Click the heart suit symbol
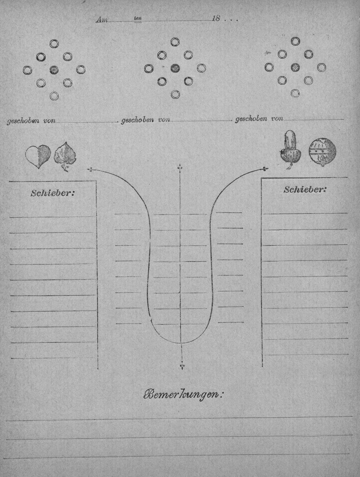click(38, 156)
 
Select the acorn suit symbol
click(291, 150)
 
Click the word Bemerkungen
click(183, 395)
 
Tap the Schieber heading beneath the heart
click(53, 193)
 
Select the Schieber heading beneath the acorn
click(305, 190)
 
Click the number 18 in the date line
click(216, 18)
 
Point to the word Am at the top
click(102, 20)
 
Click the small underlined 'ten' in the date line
click(138, 19)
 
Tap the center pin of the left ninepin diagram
click(54, 69)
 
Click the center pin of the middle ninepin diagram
click(175, 68)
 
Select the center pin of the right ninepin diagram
click(295, 67)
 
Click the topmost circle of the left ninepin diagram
click(54, 44)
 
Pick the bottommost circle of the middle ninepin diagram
click(175, 94)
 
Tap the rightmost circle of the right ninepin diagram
click(321, 67)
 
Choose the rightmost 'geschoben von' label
click(259, 119)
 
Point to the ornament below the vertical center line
click(182, 367)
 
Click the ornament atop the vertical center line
click(180, 168)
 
